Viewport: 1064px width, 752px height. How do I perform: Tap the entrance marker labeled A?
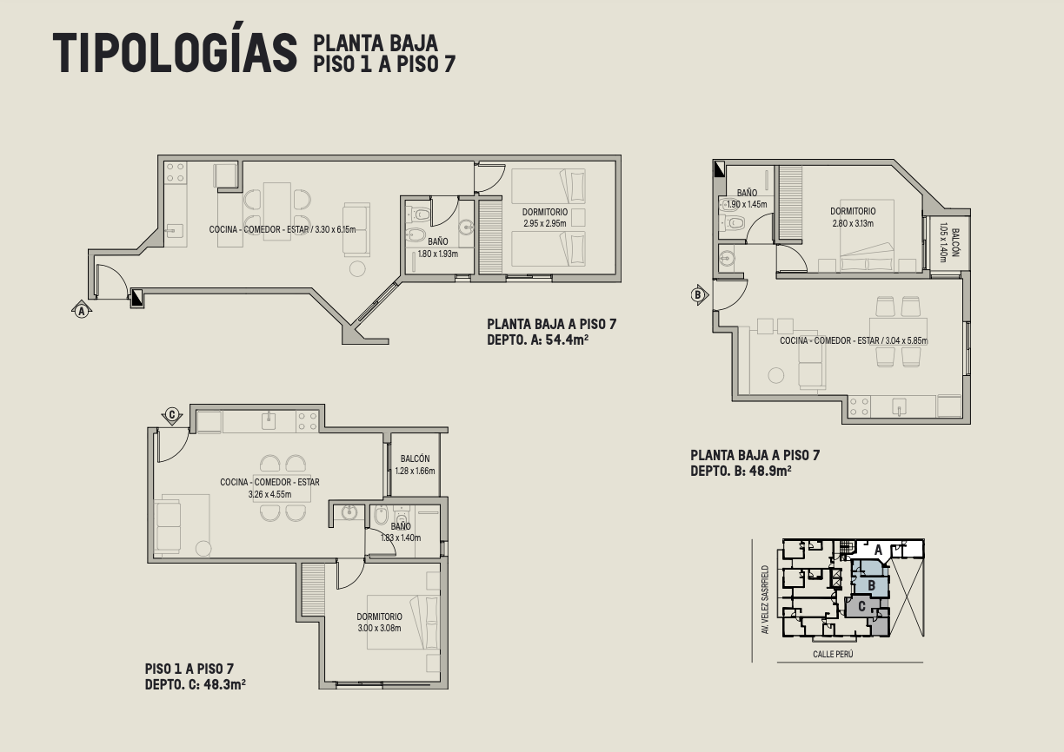pyautogui.click(x=82, y=310)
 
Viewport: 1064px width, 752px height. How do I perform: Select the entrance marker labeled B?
pyautogui.click(x=699, y=294)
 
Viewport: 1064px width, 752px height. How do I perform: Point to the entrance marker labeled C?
pyautogui.click(x=172, y=416)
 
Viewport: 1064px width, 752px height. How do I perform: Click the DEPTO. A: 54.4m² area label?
pyautogui.click(x=538, y=340)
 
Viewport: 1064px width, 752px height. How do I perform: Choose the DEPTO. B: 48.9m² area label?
pyautogui.click(x=741, y=472)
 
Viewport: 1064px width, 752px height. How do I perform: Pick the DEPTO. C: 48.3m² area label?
pyautogui.click(x=196, y=684)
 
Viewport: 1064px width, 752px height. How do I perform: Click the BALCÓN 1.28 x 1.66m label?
pyautogui.click(x=415, y=465)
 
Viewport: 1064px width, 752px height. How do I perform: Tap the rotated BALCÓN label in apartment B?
pyautogui.click(x=955, y=242)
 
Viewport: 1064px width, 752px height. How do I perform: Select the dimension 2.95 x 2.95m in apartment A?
pyautogui.click(x=545, y=223)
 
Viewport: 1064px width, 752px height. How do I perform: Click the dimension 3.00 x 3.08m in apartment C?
pyautogui.click(x=379, y=628)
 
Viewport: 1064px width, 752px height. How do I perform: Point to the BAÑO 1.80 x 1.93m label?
pyautogui.click(x=437, y=247)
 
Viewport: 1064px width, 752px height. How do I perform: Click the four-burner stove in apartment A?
pyautogui.click(x=176, y=173)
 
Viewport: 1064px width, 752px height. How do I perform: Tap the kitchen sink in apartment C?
pyautogui.click(x=269, y=420)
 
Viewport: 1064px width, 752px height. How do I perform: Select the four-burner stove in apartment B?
pyautogui.click(x=859, y=407)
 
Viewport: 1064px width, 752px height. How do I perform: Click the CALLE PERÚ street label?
pyautogui.click(x=833, y=654)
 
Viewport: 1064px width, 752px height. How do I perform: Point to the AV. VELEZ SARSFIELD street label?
pyautogui.click(x=765, y=600)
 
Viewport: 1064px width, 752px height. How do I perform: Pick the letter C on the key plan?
pyautogui.click(x=861, y=606)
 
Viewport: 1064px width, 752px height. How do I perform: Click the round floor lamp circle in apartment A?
pyautogui.click(x=357, y=269)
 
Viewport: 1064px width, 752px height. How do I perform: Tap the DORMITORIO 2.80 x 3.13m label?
pyautogui.click(x=853, y=217)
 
